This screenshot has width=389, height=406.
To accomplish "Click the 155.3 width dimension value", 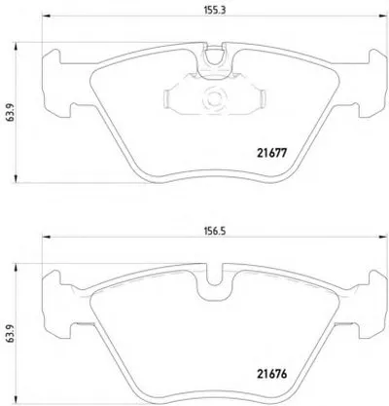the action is tap(215, 10).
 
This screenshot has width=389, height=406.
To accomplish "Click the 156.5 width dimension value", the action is tap(215, 231).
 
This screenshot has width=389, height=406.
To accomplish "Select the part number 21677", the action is tap(272, 153).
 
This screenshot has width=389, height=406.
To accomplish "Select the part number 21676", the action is tap(272, 374).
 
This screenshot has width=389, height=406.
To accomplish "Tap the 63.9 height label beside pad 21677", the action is tap(10, 113).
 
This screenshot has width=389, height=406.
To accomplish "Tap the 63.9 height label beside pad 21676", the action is tap(10, 334).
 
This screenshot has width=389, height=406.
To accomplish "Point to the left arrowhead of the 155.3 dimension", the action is tap(47, 16).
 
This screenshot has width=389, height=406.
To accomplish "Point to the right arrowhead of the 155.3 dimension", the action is tap(383, 16).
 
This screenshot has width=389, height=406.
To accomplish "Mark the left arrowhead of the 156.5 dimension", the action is tap(47, 238).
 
